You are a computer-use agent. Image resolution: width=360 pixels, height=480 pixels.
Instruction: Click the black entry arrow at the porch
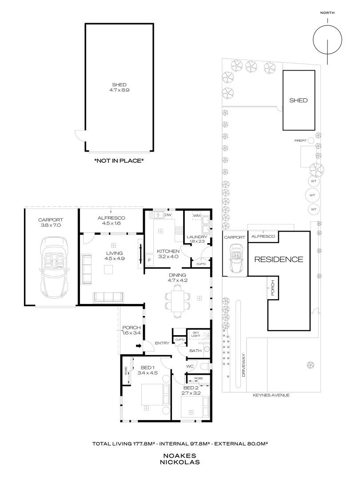(x=139, y=346)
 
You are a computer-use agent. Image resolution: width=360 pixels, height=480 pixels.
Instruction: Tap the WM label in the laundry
(x=197, y=216)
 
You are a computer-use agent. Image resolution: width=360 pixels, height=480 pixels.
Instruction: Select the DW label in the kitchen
(x=168, y=215)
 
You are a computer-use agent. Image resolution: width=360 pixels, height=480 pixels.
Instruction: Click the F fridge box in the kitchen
(x=149, y=260)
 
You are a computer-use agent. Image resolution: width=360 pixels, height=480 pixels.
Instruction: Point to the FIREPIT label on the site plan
(x=300, y=141)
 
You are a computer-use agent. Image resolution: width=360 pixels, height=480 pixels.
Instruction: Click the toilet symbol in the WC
(x=205, y=366)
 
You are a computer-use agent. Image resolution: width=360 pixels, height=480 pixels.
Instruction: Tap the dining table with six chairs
(x=177, y=300)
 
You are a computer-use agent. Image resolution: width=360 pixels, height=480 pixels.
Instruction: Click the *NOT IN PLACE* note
(x=119, y=160)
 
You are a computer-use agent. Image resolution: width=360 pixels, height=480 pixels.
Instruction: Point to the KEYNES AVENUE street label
(x=271, y=395)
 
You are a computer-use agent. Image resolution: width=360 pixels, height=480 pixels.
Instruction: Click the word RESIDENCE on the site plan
(x=279, y=259)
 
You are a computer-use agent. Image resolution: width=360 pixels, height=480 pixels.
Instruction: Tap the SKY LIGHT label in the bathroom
(x=196, y=334)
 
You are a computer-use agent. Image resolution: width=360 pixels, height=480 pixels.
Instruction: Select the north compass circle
(x=328, y=40)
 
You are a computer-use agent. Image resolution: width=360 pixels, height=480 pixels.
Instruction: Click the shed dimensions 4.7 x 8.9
(x=120, y=90)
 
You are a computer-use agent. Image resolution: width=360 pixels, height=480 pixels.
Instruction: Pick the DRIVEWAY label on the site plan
(x=244, y=365)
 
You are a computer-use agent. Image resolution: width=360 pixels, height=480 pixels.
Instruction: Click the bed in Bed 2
(x=192, y=407)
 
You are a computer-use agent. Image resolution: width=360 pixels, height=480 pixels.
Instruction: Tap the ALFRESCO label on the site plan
(x=263, y=236)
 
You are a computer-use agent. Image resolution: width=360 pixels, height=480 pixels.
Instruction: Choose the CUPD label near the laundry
(x=201, y=264)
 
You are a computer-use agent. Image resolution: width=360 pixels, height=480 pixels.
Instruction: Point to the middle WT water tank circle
(x=312, y=195)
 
